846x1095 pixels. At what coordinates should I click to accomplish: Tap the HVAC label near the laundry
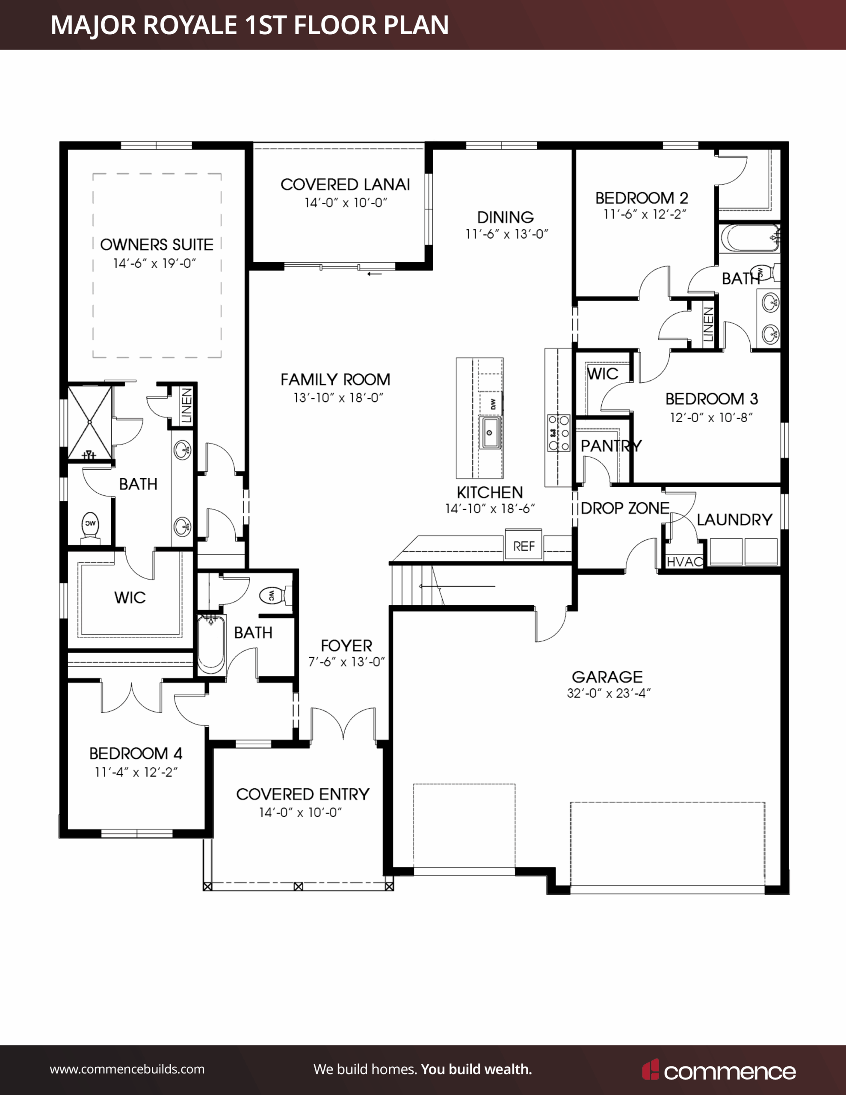pyautogui.click(x=684, y=562)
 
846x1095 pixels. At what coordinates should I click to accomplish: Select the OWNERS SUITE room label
pyautogui.click(x=157, y=245)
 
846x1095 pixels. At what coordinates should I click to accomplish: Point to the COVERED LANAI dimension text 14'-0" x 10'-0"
pyautogui.click(x=346, y=203)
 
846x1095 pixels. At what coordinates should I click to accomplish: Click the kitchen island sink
pyautogui.click(x=490, y=432)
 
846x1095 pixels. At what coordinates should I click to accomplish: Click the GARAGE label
pyautogui.click(x=607, y=677)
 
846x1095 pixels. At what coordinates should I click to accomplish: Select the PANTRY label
pyautogui.click(x=611, y=446)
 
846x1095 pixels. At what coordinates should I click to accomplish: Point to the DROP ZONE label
pyautogui.click(x=625, y=509)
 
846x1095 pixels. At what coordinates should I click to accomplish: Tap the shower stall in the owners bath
pyautogui.click(x=90, y=422)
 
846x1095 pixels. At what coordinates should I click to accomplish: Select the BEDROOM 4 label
pyautogui.click(x=136, y=754)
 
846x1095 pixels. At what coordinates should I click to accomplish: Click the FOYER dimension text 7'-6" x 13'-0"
pyautogui.click(x=346, y=662)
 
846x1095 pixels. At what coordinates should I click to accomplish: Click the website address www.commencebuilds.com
pyautogui.click(x=127, y=1069)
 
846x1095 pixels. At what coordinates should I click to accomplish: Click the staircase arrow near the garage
pyautogui.click(x=457, y=586)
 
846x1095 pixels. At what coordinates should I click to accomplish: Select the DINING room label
pyautogui.click(x=506, y=217)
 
